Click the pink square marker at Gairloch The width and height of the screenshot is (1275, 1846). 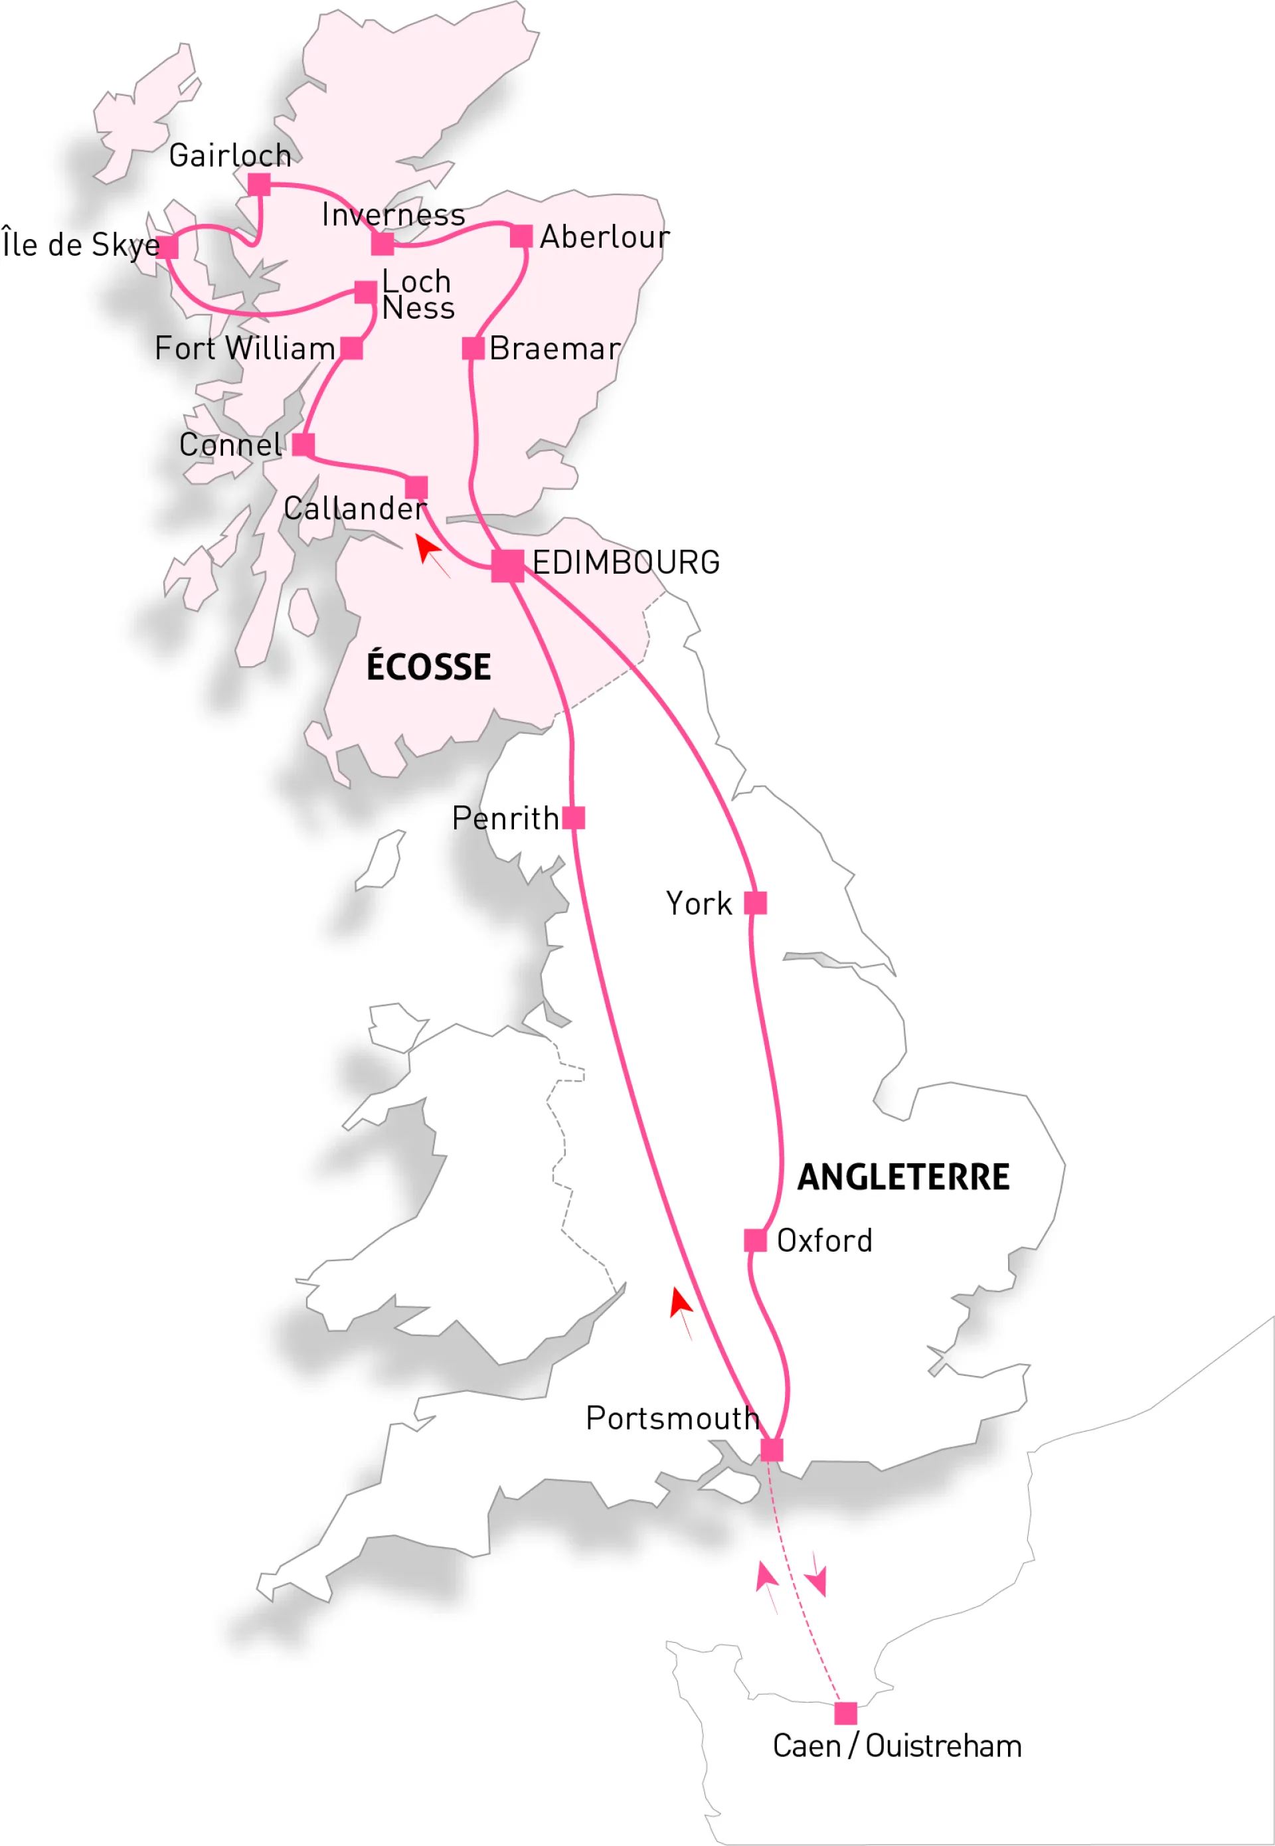click(259, 185)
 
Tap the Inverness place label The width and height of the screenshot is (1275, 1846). click(393, 215)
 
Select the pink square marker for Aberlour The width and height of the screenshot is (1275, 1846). click(521, 236)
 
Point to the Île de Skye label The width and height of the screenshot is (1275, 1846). click(80, 245)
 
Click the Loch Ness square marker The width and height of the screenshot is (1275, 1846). click(365, 292)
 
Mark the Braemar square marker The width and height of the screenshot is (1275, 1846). click(473, 348)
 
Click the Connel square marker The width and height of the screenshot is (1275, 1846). click(303, 444)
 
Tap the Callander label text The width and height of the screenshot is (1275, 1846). click(355, 508)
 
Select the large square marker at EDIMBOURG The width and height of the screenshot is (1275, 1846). click(507, 566)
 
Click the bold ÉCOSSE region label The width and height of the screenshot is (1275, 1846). click(428, 667)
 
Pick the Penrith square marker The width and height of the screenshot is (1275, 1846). click(574, 818)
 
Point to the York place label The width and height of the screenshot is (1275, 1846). click(699, 904)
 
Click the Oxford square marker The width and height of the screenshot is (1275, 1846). click(755, 1240)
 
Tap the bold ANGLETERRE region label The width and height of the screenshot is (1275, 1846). click(904, 1177)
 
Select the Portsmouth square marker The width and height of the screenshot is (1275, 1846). click(772, 1450)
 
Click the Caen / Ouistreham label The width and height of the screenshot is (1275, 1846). click(897, 1746)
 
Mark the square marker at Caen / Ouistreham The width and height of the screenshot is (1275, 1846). click(845, 1713)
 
